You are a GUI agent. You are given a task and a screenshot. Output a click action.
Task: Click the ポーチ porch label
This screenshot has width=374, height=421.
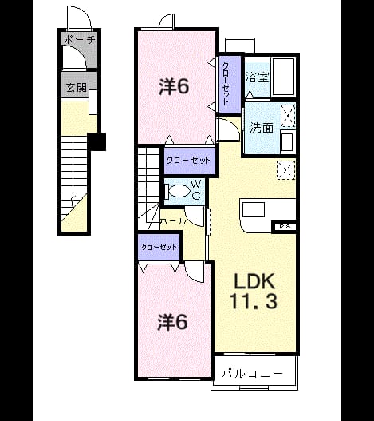[80, 40]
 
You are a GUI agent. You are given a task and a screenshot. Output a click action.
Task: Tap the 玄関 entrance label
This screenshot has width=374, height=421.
[77, 87]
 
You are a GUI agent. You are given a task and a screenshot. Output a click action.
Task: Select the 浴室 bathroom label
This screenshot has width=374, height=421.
[257, 77]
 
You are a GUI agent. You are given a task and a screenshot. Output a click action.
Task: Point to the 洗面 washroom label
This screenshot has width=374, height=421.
[262, 128]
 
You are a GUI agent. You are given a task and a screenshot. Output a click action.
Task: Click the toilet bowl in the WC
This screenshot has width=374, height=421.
[178, 191]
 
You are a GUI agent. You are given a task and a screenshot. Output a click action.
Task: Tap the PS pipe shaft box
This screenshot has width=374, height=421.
[285, 226]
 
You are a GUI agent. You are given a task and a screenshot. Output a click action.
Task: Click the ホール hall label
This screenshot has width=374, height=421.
[173, 221]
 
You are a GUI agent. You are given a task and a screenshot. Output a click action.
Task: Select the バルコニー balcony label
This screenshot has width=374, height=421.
[253, 374]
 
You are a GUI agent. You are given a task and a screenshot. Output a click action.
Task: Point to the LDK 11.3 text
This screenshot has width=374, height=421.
[254, 291]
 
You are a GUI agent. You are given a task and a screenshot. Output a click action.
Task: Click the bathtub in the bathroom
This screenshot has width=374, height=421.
[283, 77]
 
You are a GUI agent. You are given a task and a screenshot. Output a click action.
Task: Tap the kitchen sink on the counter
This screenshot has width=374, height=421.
[254, 209]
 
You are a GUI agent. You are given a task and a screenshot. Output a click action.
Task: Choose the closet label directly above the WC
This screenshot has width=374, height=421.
[188, 161]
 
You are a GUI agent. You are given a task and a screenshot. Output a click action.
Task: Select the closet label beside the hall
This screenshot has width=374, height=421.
[159, 247]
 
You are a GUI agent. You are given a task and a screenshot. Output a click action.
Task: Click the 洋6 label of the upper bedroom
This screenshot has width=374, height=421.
[174, 86]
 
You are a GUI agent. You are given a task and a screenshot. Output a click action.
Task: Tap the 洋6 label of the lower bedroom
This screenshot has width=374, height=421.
[172, 322]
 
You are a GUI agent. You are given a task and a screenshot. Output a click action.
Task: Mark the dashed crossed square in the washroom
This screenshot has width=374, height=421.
[288, 116]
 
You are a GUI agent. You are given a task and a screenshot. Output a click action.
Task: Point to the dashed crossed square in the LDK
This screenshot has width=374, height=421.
[286, 169]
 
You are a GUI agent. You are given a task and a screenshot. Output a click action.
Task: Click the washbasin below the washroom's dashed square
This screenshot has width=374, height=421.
[288, 141]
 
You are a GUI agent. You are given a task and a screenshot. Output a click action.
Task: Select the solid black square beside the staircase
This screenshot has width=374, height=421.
[96, 141]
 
